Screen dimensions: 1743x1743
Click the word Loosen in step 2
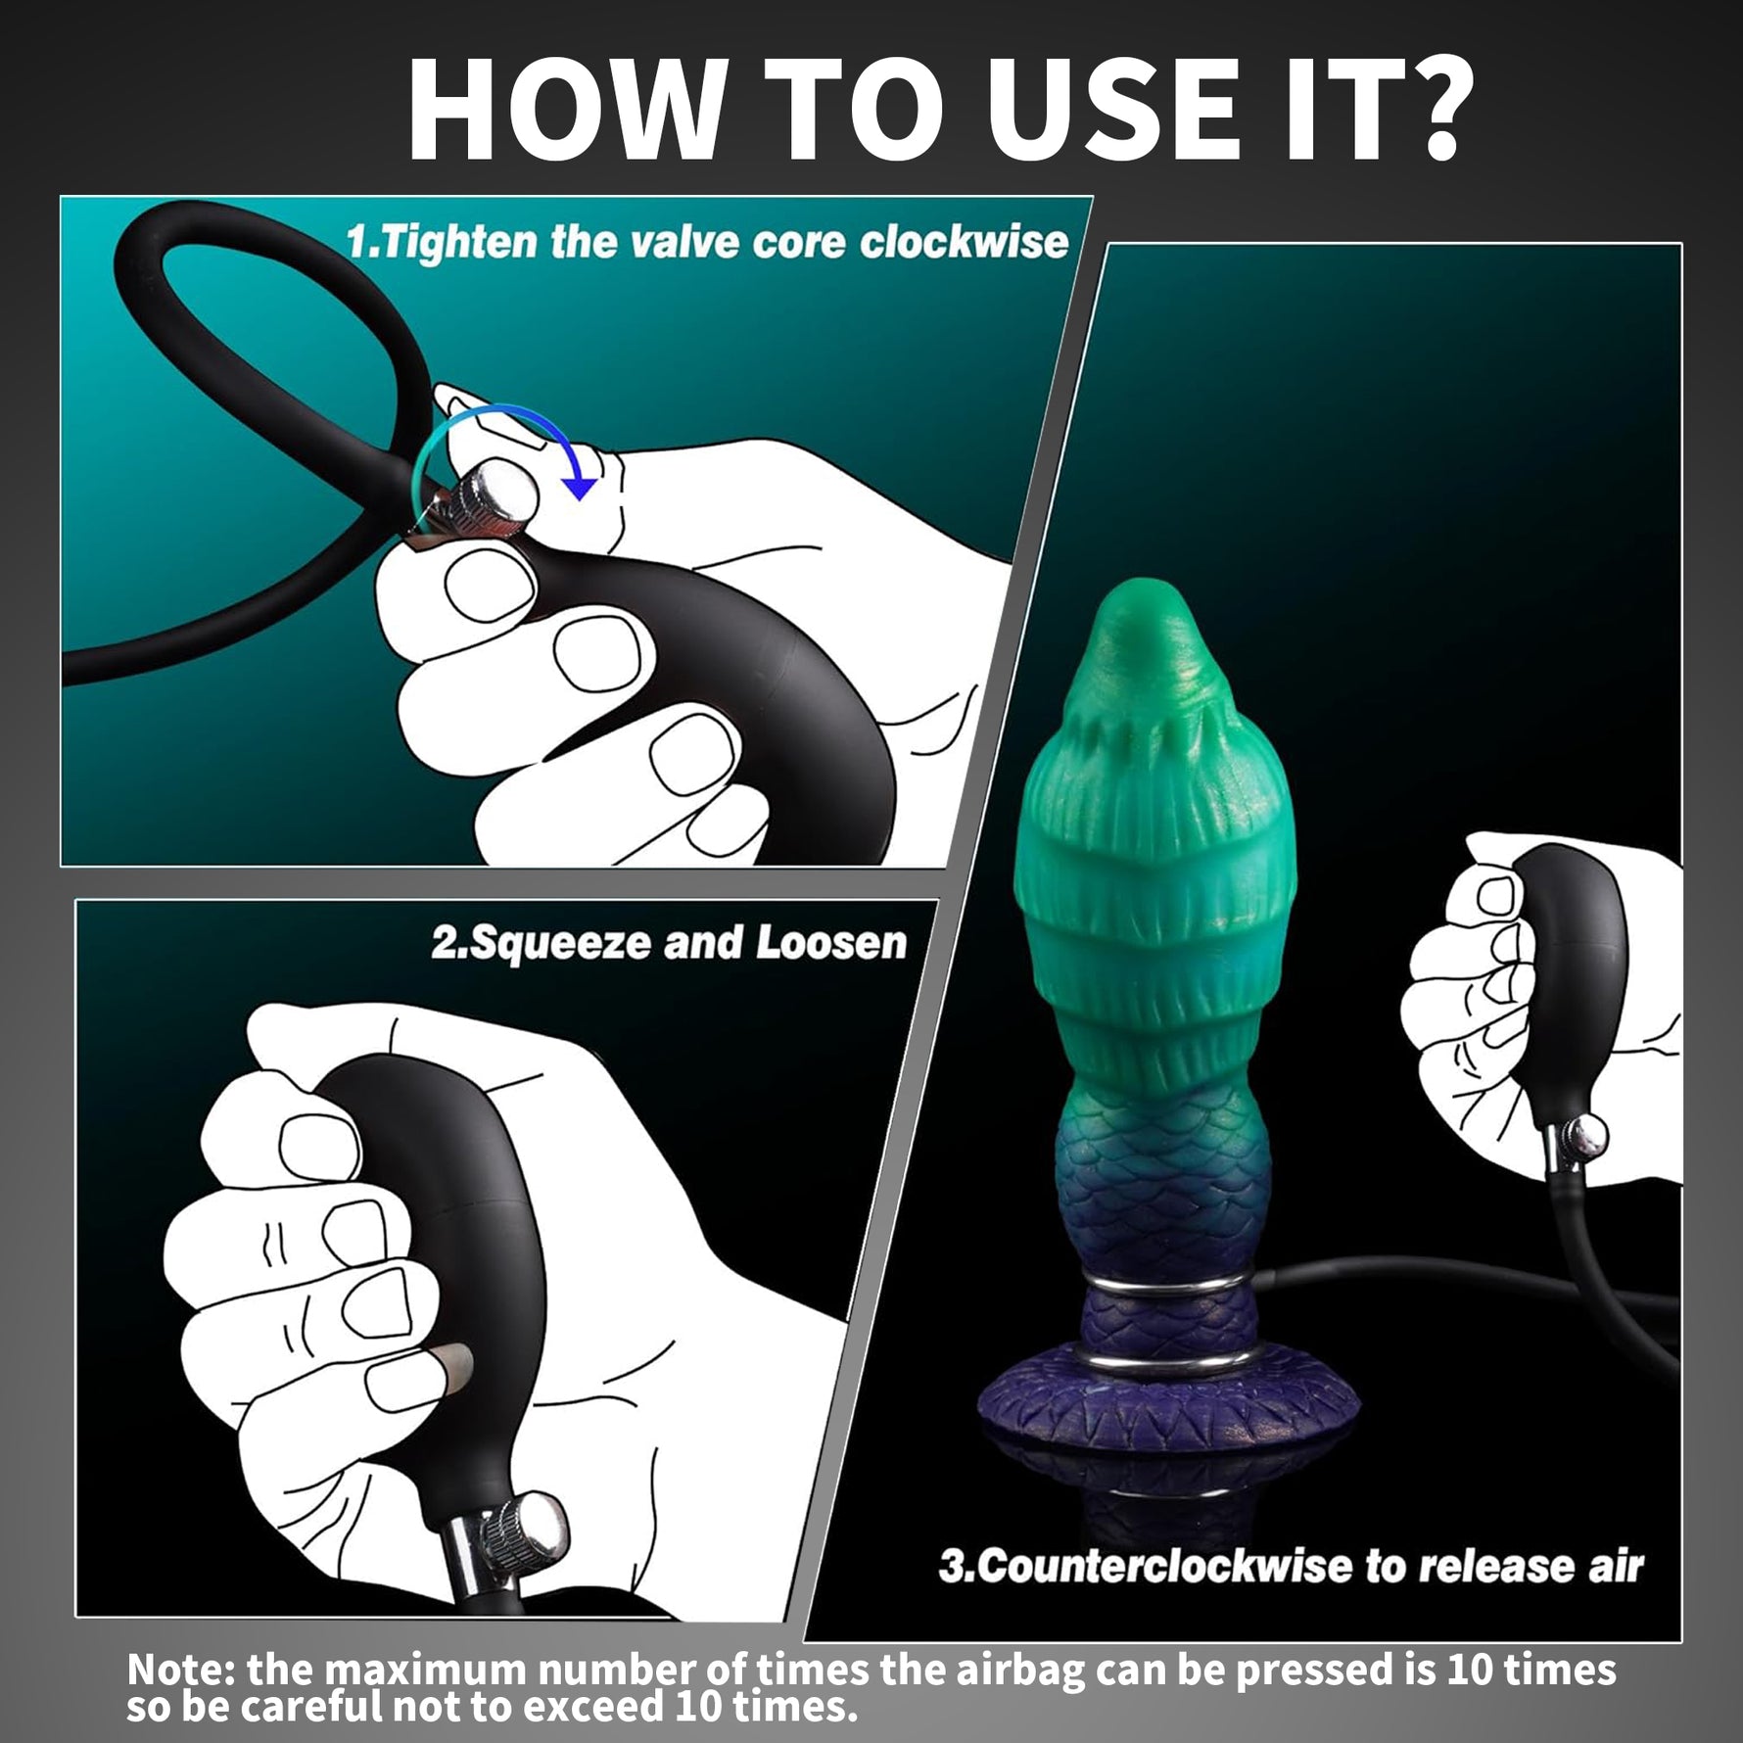click(x=831, y=942)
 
